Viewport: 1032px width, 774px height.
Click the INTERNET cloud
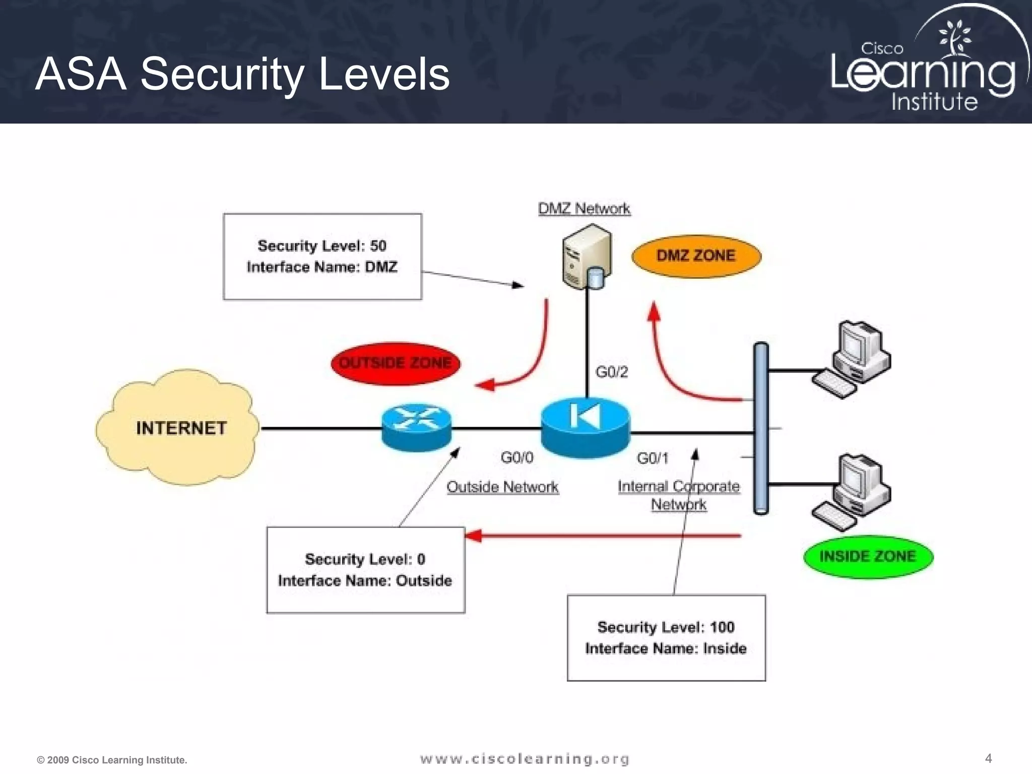179,428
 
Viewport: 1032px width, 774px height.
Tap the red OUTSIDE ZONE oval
396,363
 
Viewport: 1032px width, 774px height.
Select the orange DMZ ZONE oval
696,256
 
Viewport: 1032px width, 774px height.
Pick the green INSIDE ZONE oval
868,556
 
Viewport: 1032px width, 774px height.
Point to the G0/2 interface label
612,372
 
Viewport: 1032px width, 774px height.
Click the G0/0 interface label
517,458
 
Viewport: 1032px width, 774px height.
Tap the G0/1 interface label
653,458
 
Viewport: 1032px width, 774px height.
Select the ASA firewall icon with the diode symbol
585,427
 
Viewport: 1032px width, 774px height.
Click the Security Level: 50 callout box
322,256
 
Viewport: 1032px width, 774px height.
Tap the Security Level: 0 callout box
365,570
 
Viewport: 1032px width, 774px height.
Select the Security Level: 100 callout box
666,638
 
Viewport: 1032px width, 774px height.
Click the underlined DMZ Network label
584,209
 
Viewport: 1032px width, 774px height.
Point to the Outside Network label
502,487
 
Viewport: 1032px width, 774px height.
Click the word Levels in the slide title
384,75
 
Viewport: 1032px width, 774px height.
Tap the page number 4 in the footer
988,758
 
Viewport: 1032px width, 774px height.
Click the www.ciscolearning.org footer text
525,759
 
